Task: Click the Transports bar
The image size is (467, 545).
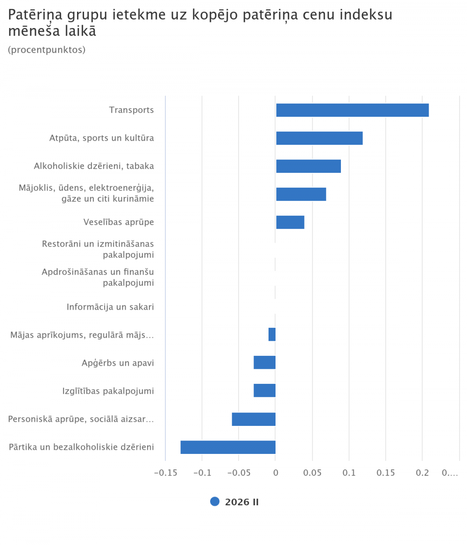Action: point(352,110)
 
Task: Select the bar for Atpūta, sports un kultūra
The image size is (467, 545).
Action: point(319,138)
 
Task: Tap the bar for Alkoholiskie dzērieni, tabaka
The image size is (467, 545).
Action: point(308,166)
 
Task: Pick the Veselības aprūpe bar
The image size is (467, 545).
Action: point(290,222)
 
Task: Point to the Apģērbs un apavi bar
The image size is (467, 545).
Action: point(264,362)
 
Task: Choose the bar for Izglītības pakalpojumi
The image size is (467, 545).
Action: point(264,390)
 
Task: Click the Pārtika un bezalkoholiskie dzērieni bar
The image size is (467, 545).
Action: point(228,447)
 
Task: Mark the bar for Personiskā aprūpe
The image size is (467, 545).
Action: point(254,419)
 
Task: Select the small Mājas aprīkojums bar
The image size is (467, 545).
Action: point(272,334)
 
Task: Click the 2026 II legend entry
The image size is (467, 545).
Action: point(235,502)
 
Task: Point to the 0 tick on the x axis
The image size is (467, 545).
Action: point(276,473)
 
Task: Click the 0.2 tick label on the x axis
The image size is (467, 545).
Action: point(422,473)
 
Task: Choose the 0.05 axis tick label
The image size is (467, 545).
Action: point(312,473)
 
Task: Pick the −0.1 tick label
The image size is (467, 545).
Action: point(202,473)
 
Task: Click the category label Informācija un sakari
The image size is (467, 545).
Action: point(110,307)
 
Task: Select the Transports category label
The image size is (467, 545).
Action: point(131,110)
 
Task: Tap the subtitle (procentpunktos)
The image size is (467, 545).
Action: point(47,50)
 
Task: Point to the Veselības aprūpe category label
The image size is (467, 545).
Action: point(119,222)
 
